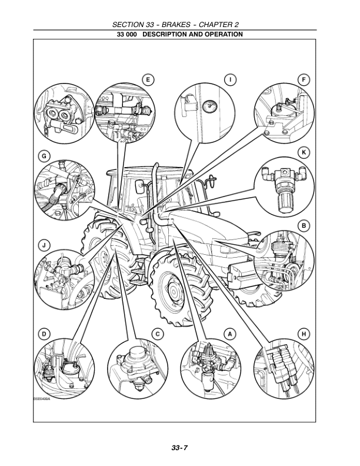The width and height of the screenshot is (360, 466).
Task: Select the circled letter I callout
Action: click(x=232, y=79)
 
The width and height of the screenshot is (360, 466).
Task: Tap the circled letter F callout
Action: click(x=304, y=79)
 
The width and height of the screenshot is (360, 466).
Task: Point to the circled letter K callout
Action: click(x=304, y=152)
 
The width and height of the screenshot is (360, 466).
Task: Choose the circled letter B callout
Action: click(x=304, y=225)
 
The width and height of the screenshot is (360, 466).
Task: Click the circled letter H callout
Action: click(x=304, y=334)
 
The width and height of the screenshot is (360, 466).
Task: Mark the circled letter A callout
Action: click(x=231, y=334)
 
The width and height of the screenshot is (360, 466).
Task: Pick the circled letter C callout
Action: click(x=158, y=334)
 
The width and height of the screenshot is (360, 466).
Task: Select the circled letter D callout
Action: click(x=44, y=334)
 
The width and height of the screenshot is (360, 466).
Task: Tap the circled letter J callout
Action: click(x=44, y=244)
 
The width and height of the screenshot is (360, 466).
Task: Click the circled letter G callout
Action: click(x=44, y=156)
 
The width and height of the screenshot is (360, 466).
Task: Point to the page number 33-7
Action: click(x=180, y=448)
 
